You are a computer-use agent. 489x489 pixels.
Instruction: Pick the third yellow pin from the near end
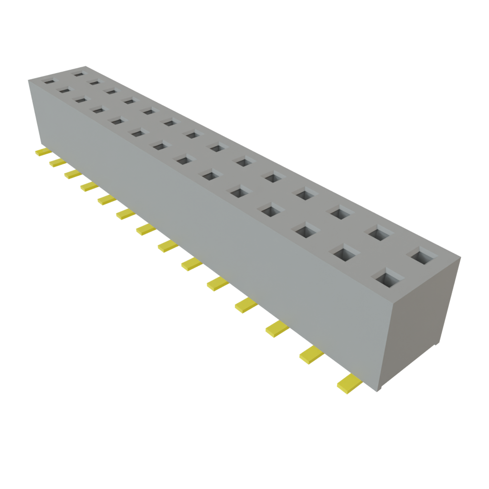[277, 329]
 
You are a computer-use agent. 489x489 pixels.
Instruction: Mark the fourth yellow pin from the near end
[246, 305]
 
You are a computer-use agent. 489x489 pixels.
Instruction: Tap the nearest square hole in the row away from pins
[422, 256]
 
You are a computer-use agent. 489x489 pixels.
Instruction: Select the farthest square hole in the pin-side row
[49, 82]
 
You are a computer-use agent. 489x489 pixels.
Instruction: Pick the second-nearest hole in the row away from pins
[380, 233]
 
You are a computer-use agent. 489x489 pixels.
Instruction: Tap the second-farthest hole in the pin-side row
[64, 89]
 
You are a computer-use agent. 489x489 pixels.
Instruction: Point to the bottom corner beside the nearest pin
[377, 392]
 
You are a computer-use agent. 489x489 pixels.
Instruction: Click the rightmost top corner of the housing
[461, 257]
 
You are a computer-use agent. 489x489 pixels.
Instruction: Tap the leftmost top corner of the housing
[28, 80]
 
